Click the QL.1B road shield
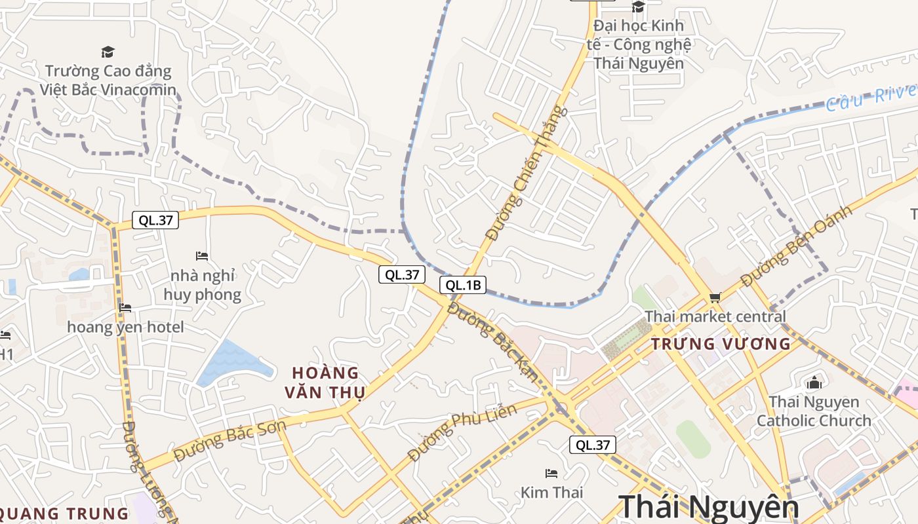coord(462,285)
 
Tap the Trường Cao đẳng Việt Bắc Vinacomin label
coord(108,80)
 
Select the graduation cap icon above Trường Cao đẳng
coord(108,52)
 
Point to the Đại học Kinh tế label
coord(639,45)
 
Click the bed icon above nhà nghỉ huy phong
coord(202,255)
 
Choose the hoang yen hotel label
coord(126,327)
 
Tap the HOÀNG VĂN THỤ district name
coord(325,383)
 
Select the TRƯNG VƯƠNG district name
coord(721,344)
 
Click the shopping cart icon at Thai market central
coord(715,297)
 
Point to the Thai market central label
coord(715,317)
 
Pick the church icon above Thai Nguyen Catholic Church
coord(814,383)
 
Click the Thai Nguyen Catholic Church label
coord(814,411)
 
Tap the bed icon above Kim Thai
coord(551,473)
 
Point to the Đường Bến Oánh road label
coord(797,246)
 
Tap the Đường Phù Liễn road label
coord(462,432)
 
